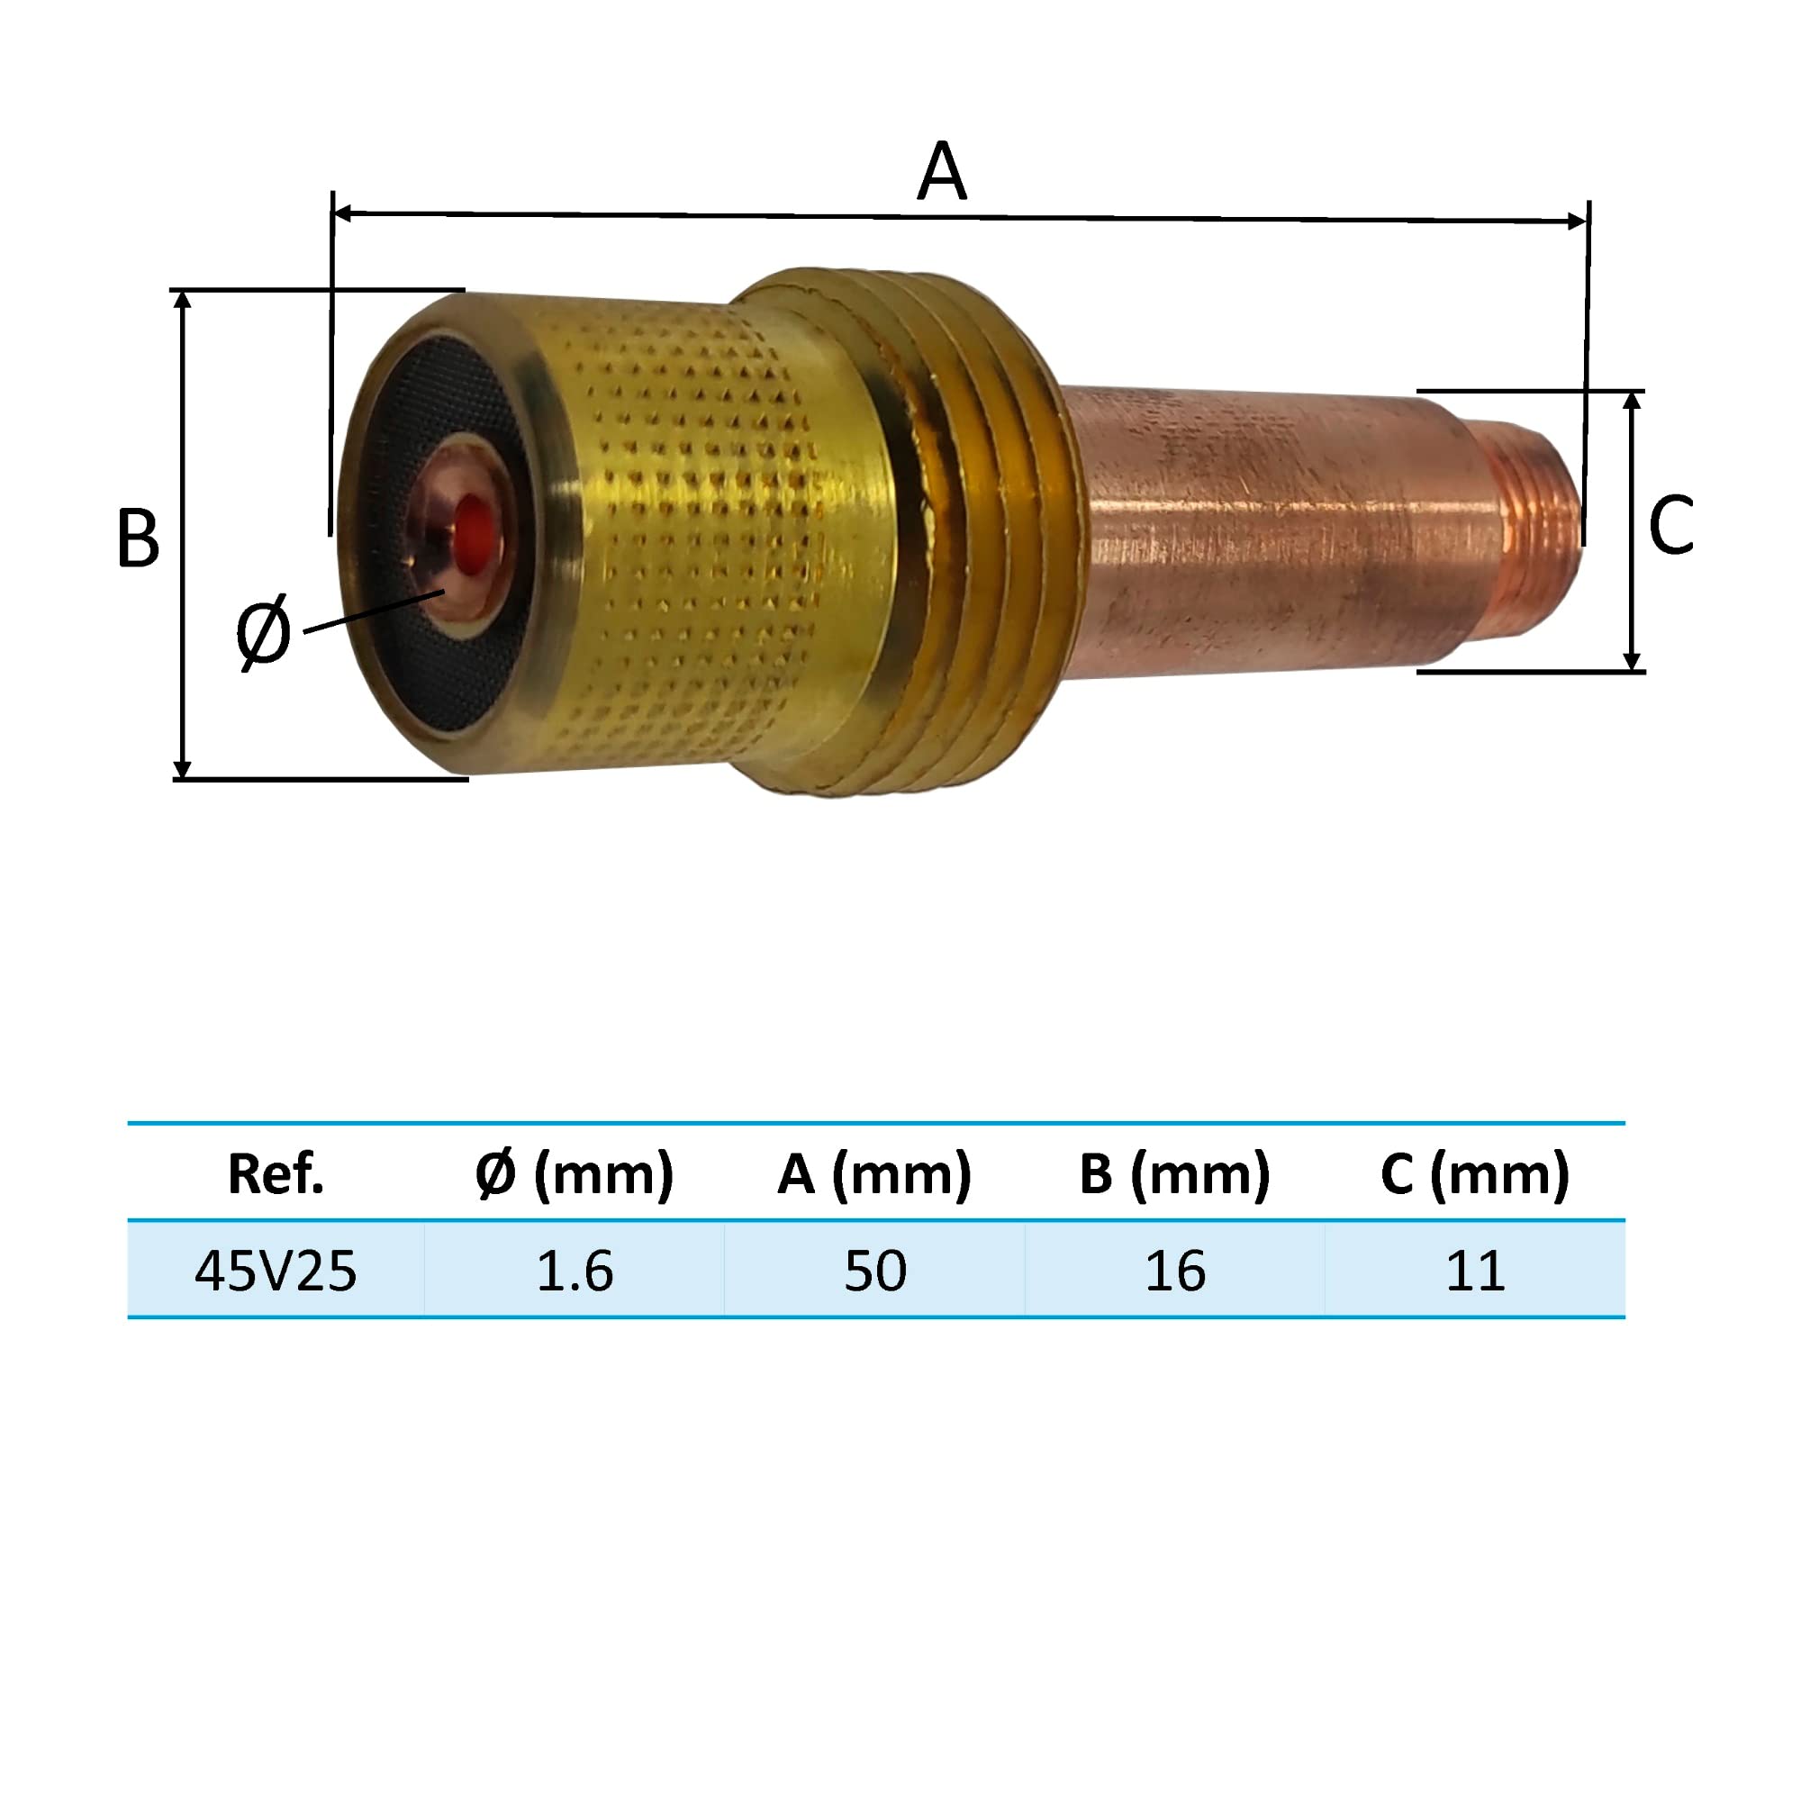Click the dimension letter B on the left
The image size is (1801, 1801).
tap(138, 538)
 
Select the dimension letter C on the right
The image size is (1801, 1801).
tap(1670, 526)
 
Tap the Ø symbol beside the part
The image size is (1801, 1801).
tap(263, 633)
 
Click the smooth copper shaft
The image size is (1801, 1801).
tap(1259, 531)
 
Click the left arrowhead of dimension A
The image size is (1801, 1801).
tap(341, 213)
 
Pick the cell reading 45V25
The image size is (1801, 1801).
tap(275, 1271)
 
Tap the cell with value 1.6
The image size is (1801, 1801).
tap(575, 1271)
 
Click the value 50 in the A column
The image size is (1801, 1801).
tap(874, 1271)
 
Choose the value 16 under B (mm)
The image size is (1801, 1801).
tap(1174, 1271)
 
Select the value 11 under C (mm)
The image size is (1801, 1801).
tap(1475, 1271)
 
